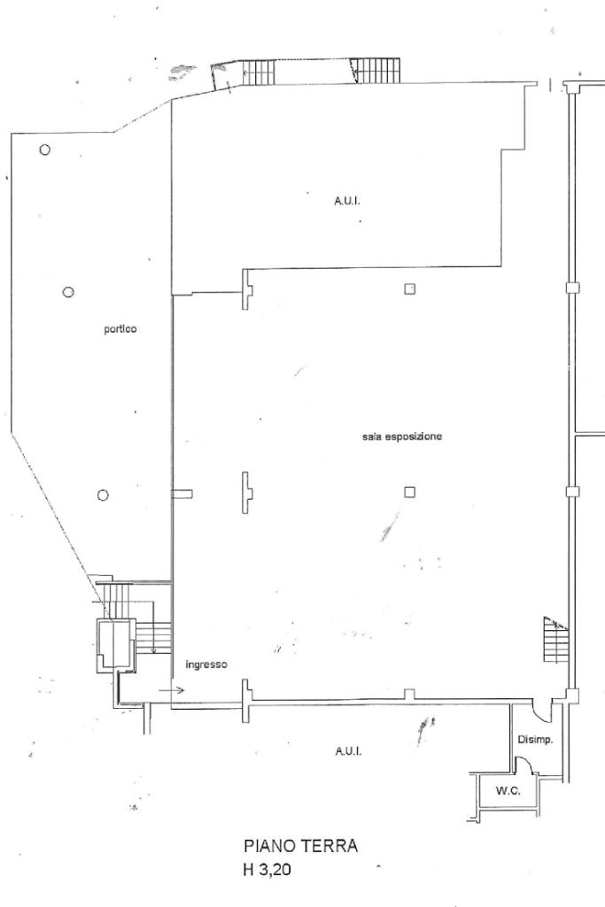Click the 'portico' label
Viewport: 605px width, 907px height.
(120, 329)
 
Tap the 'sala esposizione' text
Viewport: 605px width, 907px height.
(401, 437)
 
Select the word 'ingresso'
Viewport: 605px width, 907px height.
(207, 664)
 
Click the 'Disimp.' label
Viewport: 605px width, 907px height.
(535, 740)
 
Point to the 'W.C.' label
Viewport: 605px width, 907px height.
(507, 790)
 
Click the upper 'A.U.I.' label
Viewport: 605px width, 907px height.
(346, 202)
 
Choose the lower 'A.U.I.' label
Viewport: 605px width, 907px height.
(347, 751)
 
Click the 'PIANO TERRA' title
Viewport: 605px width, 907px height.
(300, 847)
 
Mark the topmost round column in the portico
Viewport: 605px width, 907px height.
(44, 150)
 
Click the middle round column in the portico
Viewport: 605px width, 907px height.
(68, 291)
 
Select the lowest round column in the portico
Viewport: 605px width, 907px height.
(103, 495)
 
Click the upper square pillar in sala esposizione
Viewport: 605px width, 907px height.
(409, 288)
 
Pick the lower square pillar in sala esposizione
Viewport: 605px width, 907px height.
(409, 492)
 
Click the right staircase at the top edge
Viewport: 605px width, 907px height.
(369, 70)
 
